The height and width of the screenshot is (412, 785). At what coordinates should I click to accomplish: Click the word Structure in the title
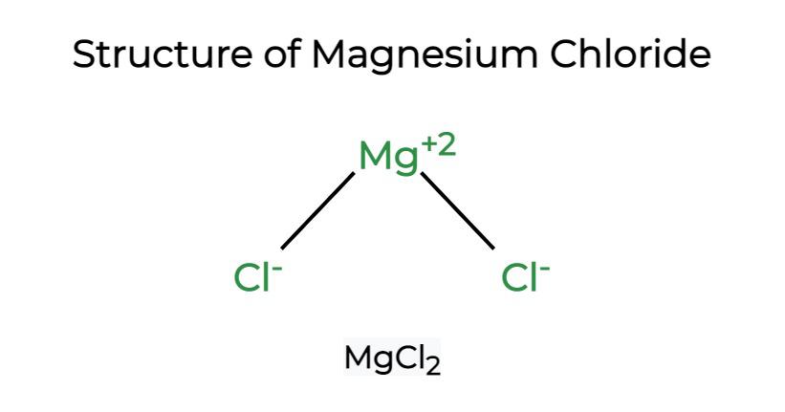click(x=163, y=54)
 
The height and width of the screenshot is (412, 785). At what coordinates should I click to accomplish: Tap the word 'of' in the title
click(x=282, y=54)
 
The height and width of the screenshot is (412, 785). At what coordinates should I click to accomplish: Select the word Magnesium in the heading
click(x=425, y=55)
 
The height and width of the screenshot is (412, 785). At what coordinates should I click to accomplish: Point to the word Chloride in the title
click(x=630, y=54)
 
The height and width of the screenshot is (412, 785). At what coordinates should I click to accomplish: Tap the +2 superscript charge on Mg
click(x=439, y=147)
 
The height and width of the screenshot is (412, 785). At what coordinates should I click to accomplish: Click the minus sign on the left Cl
click(x=278, y=269)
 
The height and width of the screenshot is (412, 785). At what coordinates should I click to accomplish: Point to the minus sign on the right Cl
click(x=545, y=269)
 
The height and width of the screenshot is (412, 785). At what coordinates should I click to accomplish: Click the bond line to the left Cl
click(x=317, y=210)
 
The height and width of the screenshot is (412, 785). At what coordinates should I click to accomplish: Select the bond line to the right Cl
click(x=458, y=210)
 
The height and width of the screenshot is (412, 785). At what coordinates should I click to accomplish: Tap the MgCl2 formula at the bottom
click(x=392, y=358)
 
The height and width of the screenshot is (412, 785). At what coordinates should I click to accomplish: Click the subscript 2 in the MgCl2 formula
click(x=433, y=367)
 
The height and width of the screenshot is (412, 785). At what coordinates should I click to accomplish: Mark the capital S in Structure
click(x=84, y=54)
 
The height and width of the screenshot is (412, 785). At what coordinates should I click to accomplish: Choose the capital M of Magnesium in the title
click(x=330, y=54)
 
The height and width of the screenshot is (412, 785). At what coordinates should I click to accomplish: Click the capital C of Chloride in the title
click(x=564, y=54)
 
